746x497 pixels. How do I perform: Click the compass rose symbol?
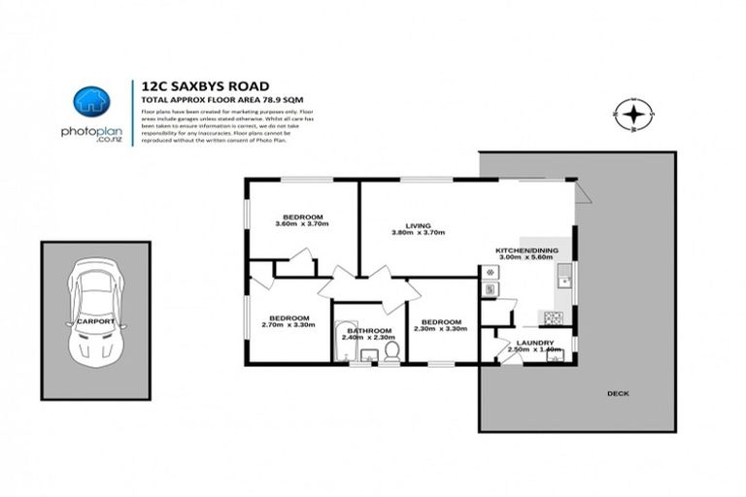coord(633,116)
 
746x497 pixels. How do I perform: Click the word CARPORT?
coord(89,321)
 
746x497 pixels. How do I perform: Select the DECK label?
coord(618,394)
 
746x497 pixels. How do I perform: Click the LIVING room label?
coord(418,225)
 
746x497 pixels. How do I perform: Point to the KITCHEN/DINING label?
coord(526,251)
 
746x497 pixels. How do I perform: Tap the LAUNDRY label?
coord(535,343)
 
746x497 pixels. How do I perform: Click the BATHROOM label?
coord(369,331)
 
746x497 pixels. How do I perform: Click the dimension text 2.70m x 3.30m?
coord(288,326)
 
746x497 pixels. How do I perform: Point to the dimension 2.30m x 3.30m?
coord(439,329)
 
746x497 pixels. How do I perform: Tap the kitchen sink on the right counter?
coord(562,281)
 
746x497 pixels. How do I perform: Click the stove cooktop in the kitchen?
coord(554,317)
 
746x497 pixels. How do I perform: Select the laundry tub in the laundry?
coord(556,355)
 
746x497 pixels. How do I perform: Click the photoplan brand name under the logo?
coord(92,131)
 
